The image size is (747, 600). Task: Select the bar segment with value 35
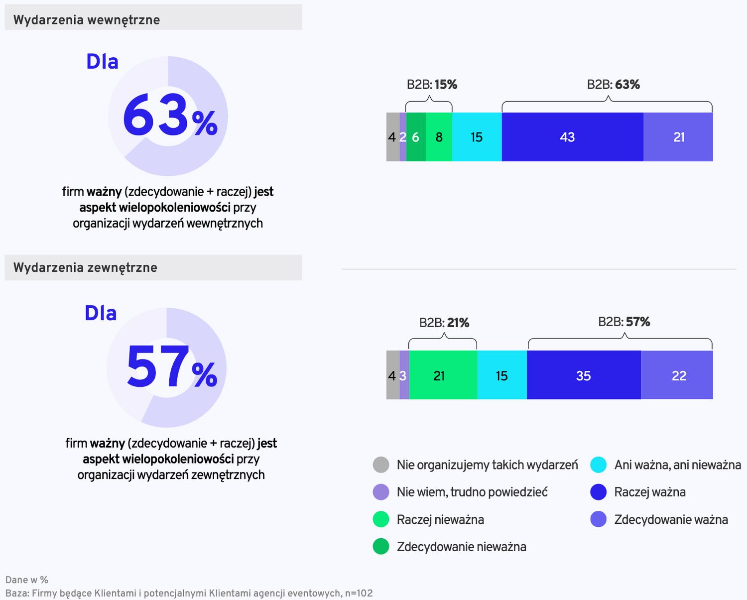[583, 375]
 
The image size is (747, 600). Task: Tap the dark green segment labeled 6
[416, 137]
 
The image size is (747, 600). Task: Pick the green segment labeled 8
[439, 137]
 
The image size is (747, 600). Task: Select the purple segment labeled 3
[404, 375]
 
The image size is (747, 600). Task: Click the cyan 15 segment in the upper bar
[477, 137]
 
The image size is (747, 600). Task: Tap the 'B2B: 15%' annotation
[432, 85]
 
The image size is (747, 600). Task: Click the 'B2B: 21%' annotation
[444, 323]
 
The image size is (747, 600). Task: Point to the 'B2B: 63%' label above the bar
[613, 85]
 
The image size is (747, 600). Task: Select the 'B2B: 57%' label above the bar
[624, 322]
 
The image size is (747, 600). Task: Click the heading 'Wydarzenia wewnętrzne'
[87, 20]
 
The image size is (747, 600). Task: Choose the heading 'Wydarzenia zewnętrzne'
[85, 267]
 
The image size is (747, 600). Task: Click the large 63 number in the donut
[155, 116]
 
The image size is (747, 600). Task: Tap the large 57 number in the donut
[157, 367]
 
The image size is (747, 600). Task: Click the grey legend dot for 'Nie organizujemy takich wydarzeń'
[381, 465]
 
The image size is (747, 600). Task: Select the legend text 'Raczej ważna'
[649, 492]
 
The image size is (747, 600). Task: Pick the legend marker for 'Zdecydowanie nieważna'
[381, 546]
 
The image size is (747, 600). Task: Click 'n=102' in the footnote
[359, 593]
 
